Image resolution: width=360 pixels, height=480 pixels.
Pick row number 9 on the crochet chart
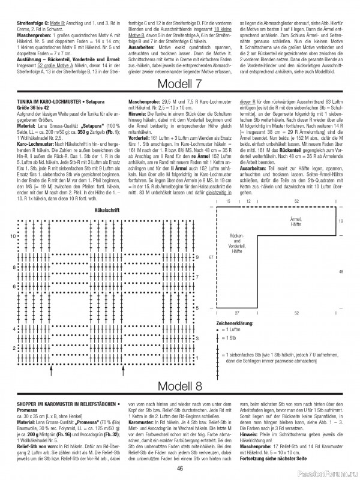click(196, 257)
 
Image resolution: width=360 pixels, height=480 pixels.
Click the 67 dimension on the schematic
click(211, 257)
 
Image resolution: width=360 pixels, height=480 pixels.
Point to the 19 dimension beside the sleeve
click(340, 221)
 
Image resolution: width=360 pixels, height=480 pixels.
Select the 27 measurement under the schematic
click(238, 313)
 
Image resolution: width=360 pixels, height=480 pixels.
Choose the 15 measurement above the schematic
click(228, 202)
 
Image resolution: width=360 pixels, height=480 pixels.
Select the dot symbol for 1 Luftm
click(217, 330)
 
